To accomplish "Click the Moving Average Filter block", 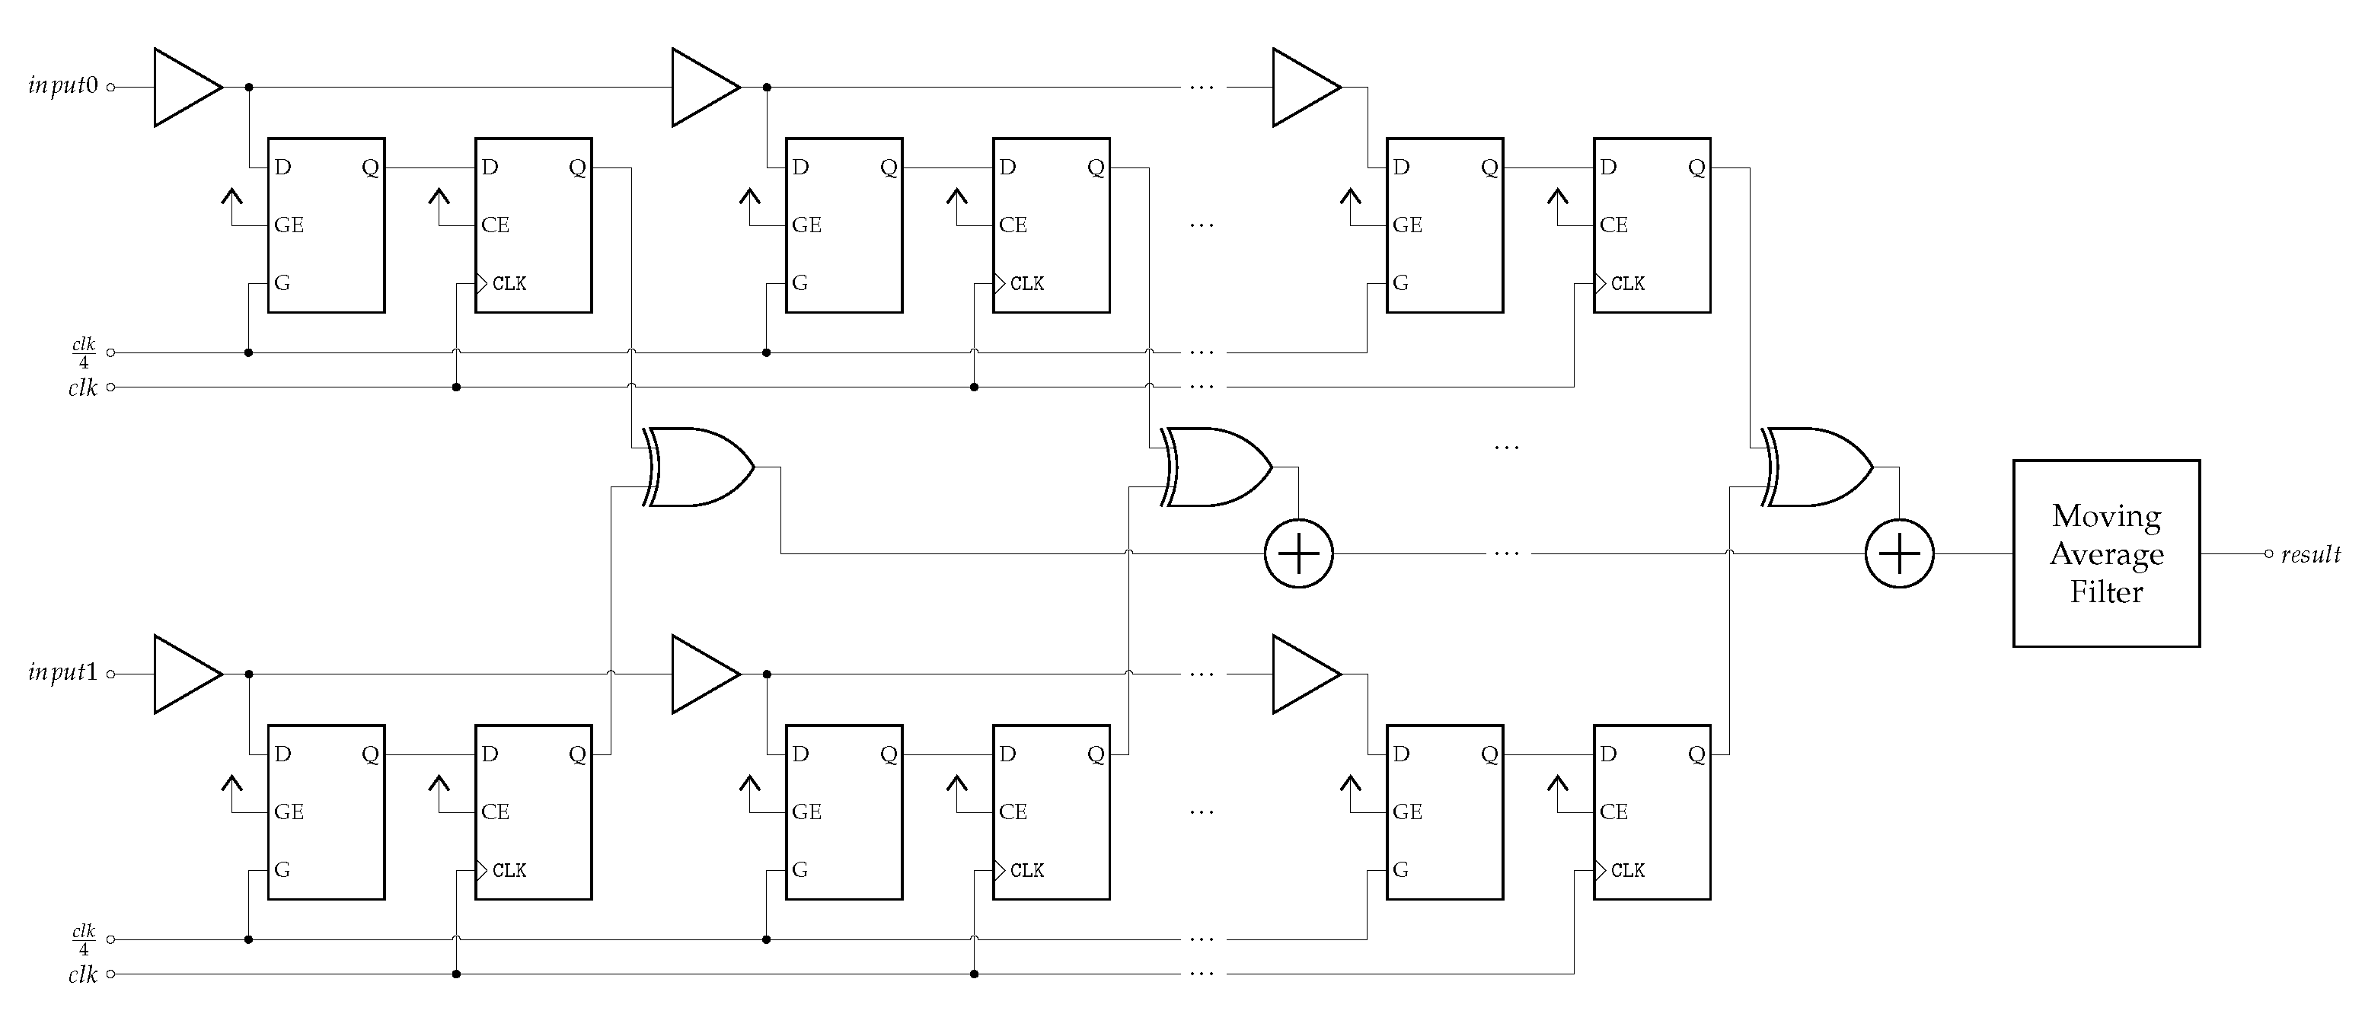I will (x=2105, y=553).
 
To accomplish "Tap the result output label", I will (x=2310, y=554).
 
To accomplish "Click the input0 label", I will (x=62, y=86).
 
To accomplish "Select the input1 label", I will (x=62, y=673).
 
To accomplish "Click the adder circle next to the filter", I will (x=1900, y=553).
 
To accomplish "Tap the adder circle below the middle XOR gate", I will (x=1298, y=553).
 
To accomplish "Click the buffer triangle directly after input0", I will (x=184, y=88).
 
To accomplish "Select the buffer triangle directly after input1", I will (x=184, y=674).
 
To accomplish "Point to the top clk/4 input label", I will (x=84, y=352).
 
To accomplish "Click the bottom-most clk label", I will (x=83, y=974).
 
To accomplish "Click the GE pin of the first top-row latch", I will (x=289, y=225).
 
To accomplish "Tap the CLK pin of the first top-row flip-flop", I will (x=508, y=283).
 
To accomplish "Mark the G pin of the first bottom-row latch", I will (x=282, y=870).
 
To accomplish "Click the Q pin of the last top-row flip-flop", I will (x=1696, y=168).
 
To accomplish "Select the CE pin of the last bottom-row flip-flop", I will (x=1613, y=812).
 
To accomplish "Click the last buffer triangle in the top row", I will (x=1303, y=88).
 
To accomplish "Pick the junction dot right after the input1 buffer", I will (x=249, y=674).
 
